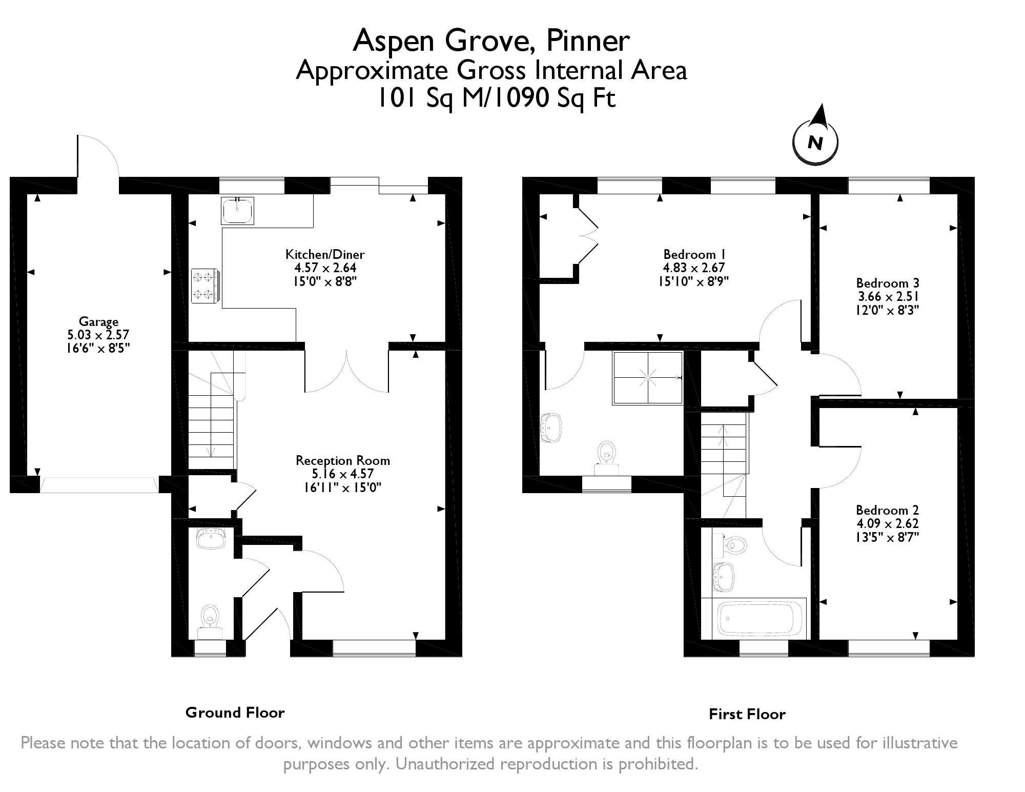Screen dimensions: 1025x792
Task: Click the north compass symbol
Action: [815, 141]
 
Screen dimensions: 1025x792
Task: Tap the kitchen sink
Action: [237, 210]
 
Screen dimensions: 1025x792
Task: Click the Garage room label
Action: [98, 322]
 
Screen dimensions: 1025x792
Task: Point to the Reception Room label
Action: [342, 461]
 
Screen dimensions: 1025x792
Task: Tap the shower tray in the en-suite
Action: [648, 378]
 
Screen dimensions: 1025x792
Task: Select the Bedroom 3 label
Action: [888, 283]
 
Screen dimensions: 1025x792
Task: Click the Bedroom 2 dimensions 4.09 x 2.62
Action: [887, 523]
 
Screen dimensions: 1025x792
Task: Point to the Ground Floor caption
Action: [235, 713]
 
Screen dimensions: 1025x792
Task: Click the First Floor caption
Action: [747, 714]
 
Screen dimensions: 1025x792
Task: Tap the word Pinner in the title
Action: [587, 41]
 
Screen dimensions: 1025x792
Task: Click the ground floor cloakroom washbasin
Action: [211, 539]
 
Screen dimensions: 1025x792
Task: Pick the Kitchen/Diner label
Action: [325, 254]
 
